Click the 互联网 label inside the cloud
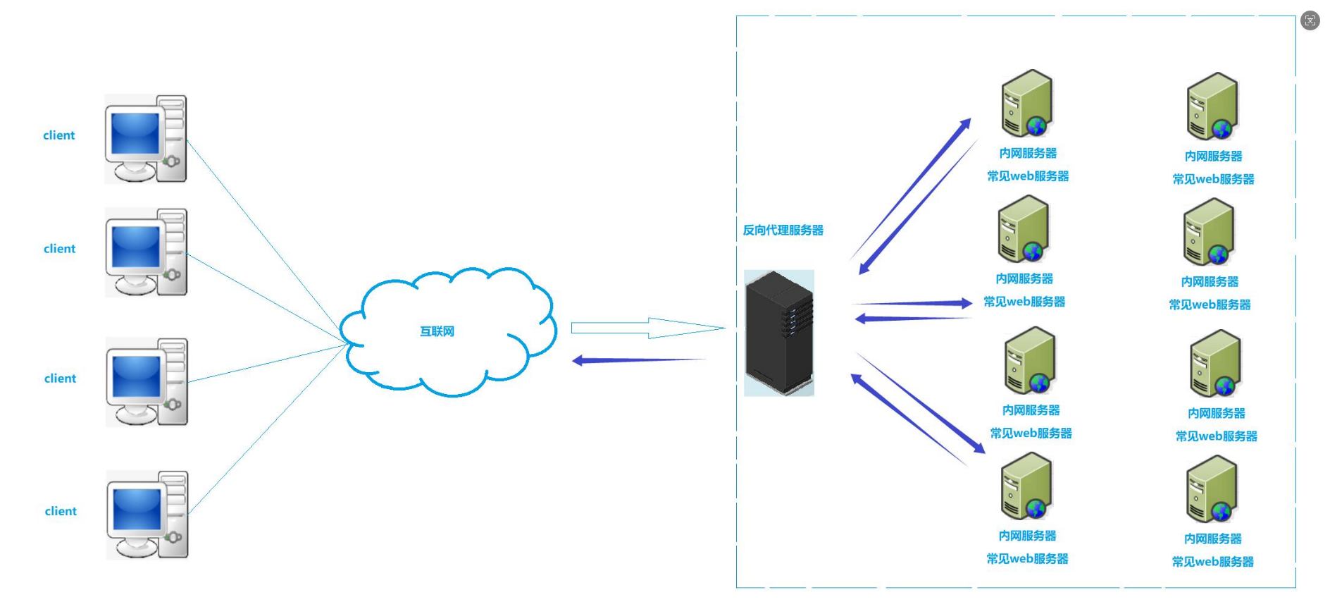437,331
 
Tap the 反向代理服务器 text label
783,230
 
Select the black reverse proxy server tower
779,332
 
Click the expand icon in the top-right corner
1310,21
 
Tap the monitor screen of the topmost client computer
135,134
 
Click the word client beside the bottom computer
61,512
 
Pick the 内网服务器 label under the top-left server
1028,154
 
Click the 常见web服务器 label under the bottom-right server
1212,562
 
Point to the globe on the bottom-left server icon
1035,509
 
